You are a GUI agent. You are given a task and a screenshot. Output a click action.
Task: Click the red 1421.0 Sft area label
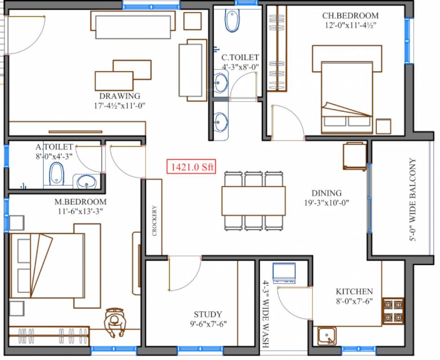pyautogui.click(x=191, y=166)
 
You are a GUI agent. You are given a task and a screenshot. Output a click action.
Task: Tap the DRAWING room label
pyautogui.click(x=119, y=96)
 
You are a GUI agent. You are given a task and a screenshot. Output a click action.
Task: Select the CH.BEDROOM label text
pyautogui.click(x=350, y=15)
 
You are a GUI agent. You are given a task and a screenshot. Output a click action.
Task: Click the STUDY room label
pyautogui.click(x=208, y=315)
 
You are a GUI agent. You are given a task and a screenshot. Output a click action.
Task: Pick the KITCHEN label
pyautogui.click(x=354, y=292)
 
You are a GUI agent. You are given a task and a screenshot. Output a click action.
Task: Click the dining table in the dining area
pyautogui.click(x=254, y=201)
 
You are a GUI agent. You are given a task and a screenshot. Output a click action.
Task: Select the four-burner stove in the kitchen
pyautogui.click(x=393, y=311)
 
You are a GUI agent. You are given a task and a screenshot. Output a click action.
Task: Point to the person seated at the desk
pyautogui.click(x=114, y=322)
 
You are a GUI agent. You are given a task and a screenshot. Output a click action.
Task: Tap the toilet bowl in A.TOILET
pyautogui.click(x=57, y=173)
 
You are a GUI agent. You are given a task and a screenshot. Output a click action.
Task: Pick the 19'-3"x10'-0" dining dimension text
pyautogui.click(x=327, y=203)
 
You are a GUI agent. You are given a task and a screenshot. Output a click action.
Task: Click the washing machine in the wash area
pyautogui.click(x=284, y=273)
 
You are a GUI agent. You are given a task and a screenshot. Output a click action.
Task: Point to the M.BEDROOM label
pyautogui.click(x=81, y=202)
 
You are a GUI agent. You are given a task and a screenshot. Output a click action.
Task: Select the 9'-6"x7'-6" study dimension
pyautogui.click(x=208, y=324)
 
